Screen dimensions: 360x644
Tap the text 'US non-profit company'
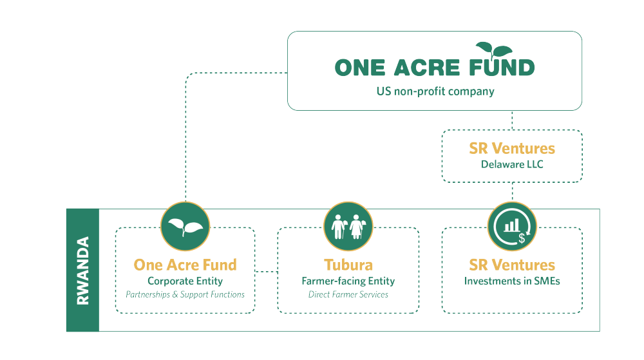pos(435,91)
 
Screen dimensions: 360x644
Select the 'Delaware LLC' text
pos(512,164)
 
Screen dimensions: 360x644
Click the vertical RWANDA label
pos(82,270)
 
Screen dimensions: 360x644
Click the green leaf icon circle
pos(185,226)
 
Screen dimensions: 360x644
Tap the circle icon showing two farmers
pos(348,226)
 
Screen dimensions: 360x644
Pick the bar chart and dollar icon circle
pos(513,226)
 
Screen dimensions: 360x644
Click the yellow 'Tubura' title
pos(348,265)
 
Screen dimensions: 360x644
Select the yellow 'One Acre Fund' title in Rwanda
pos(185,265)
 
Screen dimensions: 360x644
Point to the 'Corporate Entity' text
pos(185,281)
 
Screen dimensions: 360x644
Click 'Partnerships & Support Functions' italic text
pos(185,294)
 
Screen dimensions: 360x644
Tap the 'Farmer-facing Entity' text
pos(348,281)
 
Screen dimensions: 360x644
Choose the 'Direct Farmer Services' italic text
pos(348,294)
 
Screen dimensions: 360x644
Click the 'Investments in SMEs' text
pos(512,281)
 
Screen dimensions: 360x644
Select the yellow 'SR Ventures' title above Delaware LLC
pos(512,149)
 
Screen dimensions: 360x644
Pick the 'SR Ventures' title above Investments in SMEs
pos(512,265)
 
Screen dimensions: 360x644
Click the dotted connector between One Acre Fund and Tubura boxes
pos(266,271)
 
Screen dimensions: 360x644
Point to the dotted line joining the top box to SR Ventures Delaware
pos(513,120)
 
